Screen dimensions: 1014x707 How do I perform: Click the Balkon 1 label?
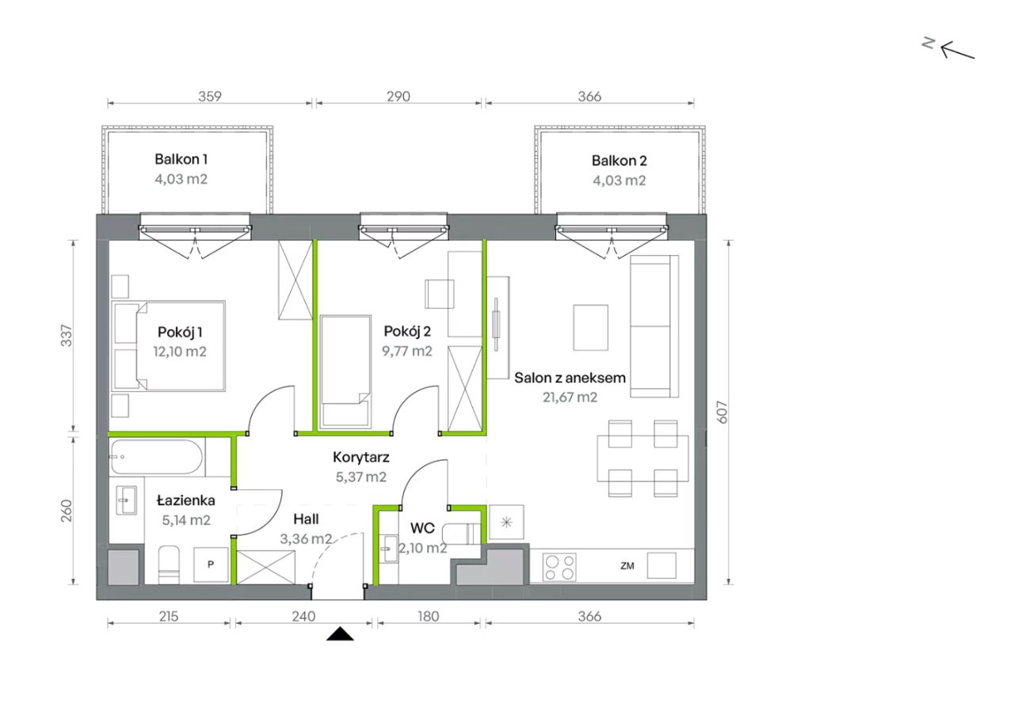pos(181,159)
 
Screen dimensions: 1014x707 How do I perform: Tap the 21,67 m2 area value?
pos(570,397)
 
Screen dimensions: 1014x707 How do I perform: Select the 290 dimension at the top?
pos(398,97)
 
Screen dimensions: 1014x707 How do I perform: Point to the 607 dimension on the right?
pos(722,412)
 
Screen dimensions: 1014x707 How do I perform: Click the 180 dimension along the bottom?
pos(429,617)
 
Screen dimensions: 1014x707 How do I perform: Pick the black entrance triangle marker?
pos(340,634)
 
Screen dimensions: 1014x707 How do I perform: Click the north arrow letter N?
pos(928,44)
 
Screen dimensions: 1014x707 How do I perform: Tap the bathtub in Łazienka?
pos(157,457)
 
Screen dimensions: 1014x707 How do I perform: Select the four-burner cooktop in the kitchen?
pos(559,567)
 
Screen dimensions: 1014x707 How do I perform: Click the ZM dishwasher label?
pos(627,566)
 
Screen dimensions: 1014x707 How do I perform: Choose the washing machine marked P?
pos(211,564)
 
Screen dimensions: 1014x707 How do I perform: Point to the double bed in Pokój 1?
pos(169,346)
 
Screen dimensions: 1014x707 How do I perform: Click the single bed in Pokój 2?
pos(345,372)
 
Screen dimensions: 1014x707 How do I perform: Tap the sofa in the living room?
pos(654,326)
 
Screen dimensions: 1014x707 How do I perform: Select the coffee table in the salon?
pos(591,328)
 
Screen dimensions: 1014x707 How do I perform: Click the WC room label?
pos(422,528)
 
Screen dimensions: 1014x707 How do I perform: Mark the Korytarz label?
pos(360,458)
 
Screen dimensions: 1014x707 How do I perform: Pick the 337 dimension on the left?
pos(67,336)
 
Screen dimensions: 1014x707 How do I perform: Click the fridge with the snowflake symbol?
pos(506,523)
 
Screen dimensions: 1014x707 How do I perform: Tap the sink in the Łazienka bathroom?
pos(126,500)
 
